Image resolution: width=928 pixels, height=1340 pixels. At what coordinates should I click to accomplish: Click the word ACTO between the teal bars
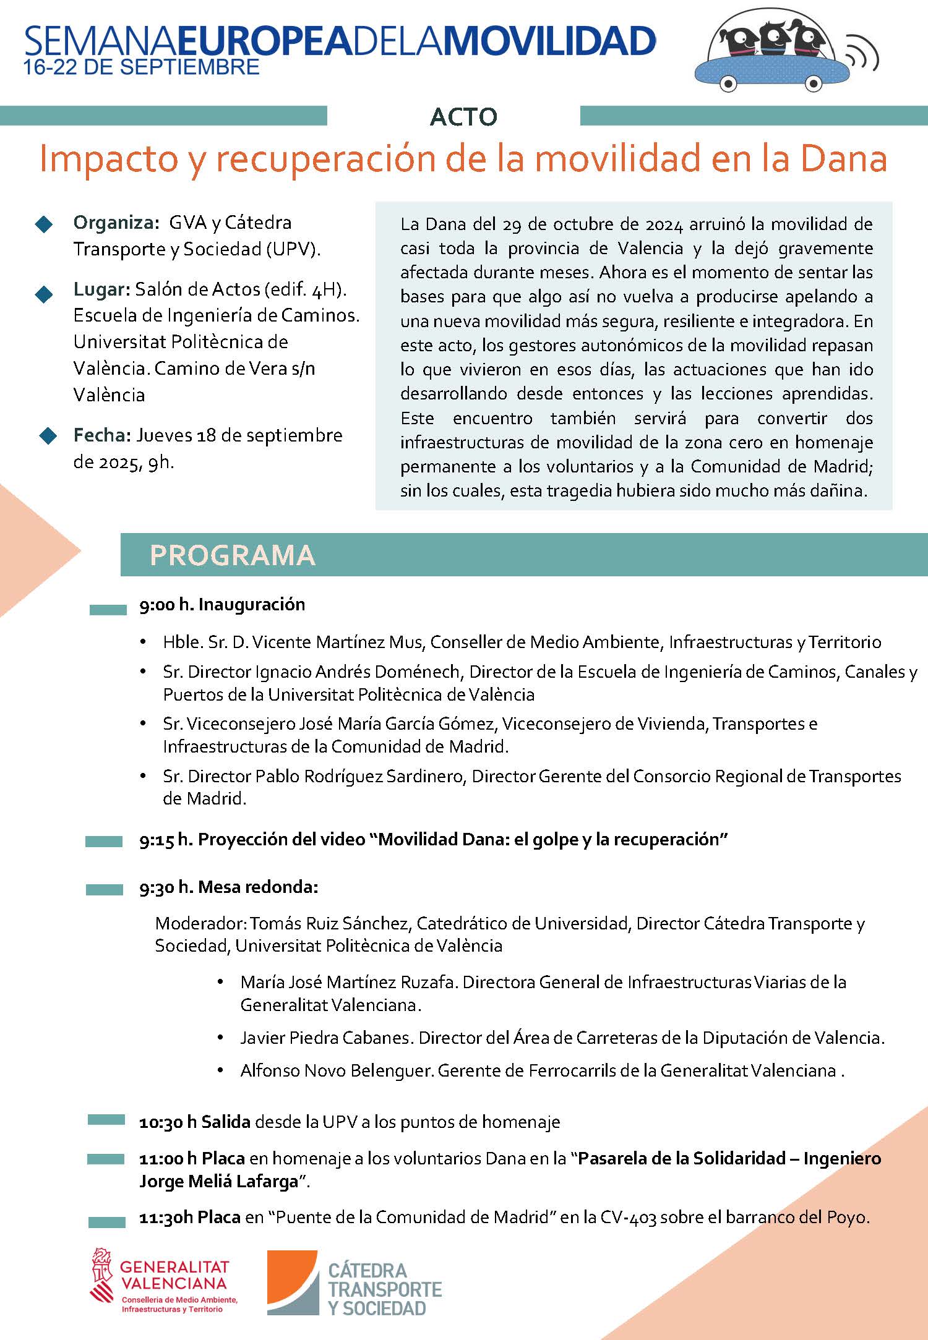[x=463, y=117]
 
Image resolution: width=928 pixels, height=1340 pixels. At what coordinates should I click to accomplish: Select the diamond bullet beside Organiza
[x=45, y=224]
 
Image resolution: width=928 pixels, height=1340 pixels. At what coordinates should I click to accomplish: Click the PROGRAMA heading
[x=233, y=555]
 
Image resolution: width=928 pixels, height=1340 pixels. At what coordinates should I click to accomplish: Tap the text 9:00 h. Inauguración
[x=222, y=605]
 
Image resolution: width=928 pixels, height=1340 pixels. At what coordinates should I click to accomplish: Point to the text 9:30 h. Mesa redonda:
[x=228, y=887]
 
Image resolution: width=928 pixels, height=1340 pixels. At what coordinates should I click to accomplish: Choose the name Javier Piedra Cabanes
[x=325, y=1038]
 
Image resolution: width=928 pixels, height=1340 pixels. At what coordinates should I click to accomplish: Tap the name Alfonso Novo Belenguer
[x=337, y=1070]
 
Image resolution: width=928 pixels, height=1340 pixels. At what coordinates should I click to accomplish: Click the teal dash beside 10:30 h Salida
[x=106, y=1120]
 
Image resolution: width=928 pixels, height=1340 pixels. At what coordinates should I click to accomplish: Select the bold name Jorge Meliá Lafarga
[x=219, y=1182]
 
